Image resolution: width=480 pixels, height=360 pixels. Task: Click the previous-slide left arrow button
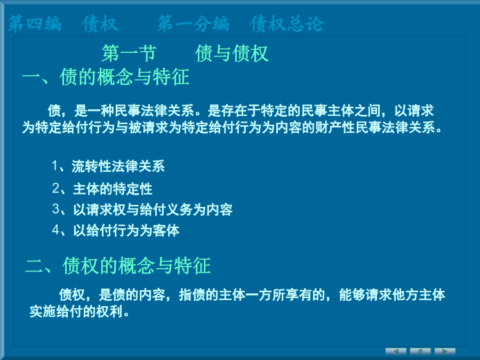coord(396,351)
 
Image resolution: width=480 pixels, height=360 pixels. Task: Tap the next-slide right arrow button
coord(445,351)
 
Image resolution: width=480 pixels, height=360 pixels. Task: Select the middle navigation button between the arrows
coord(420,351)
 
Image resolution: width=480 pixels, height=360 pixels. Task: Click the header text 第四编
coord(35,23)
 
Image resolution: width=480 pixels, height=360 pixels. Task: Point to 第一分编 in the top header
coord(193,23)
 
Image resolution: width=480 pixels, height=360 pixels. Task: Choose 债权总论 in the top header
coord(286,23)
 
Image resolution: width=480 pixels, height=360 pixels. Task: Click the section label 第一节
coord(129,53)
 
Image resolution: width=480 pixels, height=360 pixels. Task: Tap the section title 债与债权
coord(232,53)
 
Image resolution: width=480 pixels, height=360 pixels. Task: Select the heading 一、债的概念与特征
coord(106,77)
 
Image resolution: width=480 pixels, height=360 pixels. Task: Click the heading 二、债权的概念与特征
coord(118,266)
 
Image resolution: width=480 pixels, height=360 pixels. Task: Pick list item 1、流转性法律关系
coord(108,166)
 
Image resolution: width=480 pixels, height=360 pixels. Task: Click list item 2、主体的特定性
coord(102,189)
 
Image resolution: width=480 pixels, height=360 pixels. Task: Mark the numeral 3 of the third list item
coord(55,210)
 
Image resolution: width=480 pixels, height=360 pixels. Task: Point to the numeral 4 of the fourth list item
coord(55,230)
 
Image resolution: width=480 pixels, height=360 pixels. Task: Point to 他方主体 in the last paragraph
coord(419,295)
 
